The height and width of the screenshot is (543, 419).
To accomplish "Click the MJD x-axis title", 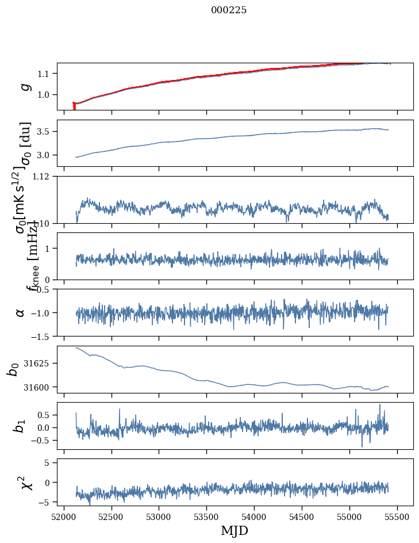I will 235,530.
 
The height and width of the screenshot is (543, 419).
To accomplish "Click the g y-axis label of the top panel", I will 24,86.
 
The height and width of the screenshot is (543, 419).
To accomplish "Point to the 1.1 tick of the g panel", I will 45,74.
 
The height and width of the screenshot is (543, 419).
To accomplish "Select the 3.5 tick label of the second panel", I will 45,132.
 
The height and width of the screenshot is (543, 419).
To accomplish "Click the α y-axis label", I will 21,312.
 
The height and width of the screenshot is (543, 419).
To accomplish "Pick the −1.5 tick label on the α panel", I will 41,336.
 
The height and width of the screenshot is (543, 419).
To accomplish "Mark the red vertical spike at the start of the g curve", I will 74,106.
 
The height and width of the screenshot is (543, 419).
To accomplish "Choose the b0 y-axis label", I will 14,369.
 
